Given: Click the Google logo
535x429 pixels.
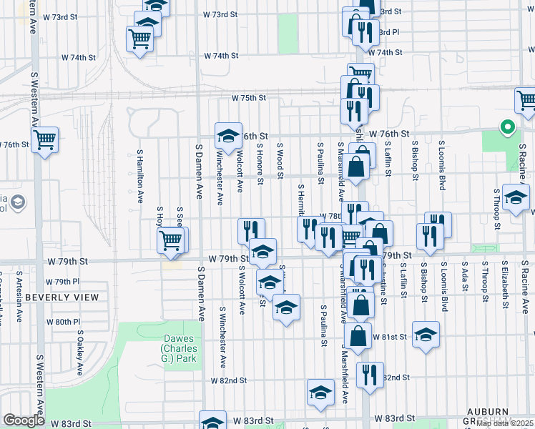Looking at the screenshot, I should (x=24, y=420).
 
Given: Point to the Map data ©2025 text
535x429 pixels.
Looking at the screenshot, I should (x=505, y=423).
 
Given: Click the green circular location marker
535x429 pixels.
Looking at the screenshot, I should (x=507, y=127).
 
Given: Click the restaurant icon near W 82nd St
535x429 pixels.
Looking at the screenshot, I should (x=369, y=374).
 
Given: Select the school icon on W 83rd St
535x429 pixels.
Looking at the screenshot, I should (x=212, y=423).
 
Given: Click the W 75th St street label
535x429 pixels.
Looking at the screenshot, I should (x=248, y=98).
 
